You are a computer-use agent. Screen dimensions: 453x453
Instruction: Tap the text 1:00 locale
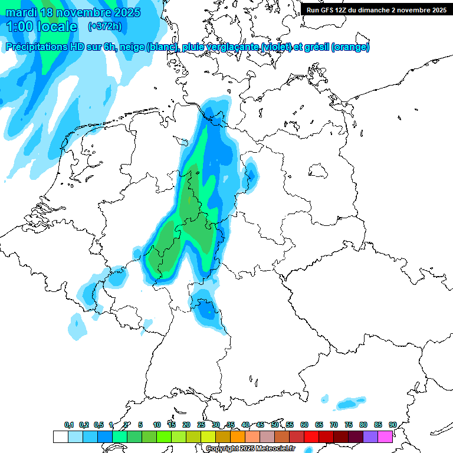click(x=41, y=27)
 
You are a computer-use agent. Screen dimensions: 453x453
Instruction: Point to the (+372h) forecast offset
click(x=105, y=27)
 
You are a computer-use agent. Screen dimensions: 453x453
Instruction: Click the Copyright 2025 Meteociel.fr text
click(x=250, y=449)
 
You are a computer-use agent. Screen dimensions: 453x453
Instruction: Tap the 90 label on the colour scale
click(x=392, y=425)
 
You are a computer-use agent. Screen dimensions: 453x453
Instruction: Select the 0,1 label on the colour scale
click(x=68, y=425)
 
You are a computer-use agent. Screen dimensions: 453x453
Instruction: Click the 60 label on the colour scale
click(x=304, y=425)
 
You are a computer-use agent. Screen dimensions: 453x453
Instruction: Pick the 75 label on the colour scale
click(x=349, y=425)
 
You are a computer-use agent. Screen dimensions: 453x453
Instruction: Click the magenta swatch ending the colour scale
click(x=385, y=436)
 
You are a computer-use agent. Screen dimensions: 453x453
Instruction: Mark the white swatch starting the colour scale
click(x=60, y=436)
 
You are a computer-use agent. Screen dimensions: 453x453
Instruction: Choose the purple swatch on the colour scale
click(x=370, y=436)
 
